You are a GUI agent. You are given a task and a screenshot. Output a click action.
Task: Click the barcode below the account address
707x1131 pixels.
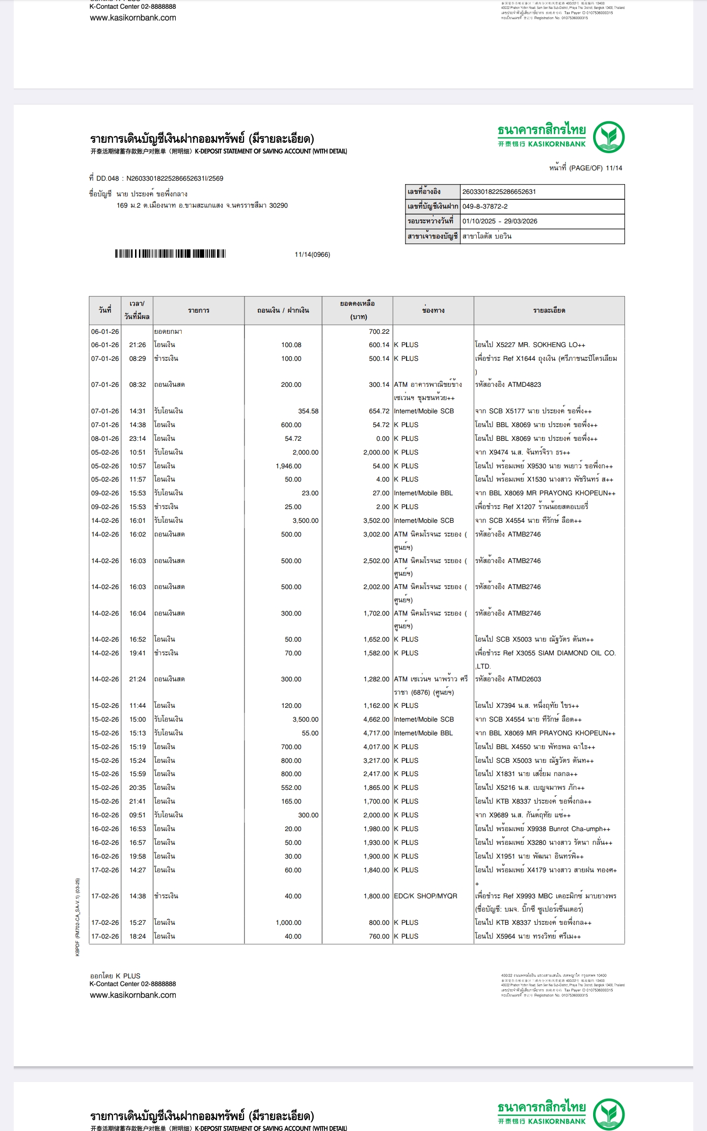pos(170,254)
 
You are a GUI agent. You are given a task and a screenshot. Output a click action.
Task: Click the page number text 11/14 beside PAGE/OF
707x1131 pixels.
pos(614,168)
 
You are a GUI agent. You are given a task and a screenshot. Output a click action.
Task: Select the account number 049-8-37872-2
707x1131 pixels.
pos(485,206)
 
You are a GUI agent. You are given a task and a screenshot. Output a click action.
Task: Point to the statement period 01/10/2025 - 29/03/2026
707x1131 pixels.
pos(500,221)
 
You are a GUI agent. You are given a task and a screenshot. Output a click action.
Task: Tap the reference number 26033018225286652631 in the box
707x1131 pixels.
pos(499,191)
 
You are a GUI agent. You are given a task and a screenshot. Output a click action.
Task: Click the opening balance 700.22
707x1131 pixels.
pos(379,331)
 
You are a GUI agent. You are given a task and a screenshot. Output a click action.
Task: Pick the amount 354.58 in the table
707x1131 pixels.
pos(308,411)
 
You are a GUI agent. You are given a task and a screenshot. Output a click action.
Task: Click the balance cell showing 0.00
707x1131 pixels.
pos(382,438)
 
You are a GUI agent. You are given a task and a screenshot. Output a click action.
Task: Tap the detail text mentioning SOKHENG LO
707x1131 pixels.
pos(530,345)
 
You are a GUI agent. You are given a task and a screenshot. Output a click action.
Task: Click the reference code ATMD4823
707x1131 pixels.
pos(524,384)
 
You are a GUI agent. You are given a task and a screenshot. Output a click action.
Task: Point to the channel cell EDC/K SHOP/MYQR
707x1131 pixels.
pos(425,896)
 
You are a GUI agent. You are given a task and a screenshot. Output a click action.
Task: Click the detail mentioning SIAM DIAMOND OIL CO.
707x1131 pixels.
pos(545,653)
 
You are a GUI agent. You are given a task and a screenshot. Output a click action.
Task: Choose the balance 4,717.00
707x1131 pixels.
pos(376,733)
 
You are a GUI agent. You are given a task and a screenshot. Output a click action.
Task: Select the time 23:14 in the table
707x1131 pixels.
pos(137,438)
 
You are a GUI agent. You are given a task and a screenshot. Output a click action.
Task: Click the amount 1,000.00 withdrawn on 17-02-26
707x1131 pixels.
pos(288,922)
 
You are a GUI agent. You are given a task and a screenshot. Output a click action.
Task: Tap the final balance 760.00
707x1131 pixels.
pos(379,936)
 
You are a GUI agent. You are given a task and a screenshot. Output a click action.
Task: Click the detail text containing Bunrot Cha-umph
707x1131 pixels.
pos(543,829)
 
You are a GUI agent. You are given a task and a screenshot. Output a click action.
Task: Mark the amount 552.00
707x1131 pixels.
pos(291,787)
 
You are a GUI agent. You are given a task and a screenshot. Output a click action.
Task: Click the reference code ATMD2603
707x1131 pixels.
pos(524,679)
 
